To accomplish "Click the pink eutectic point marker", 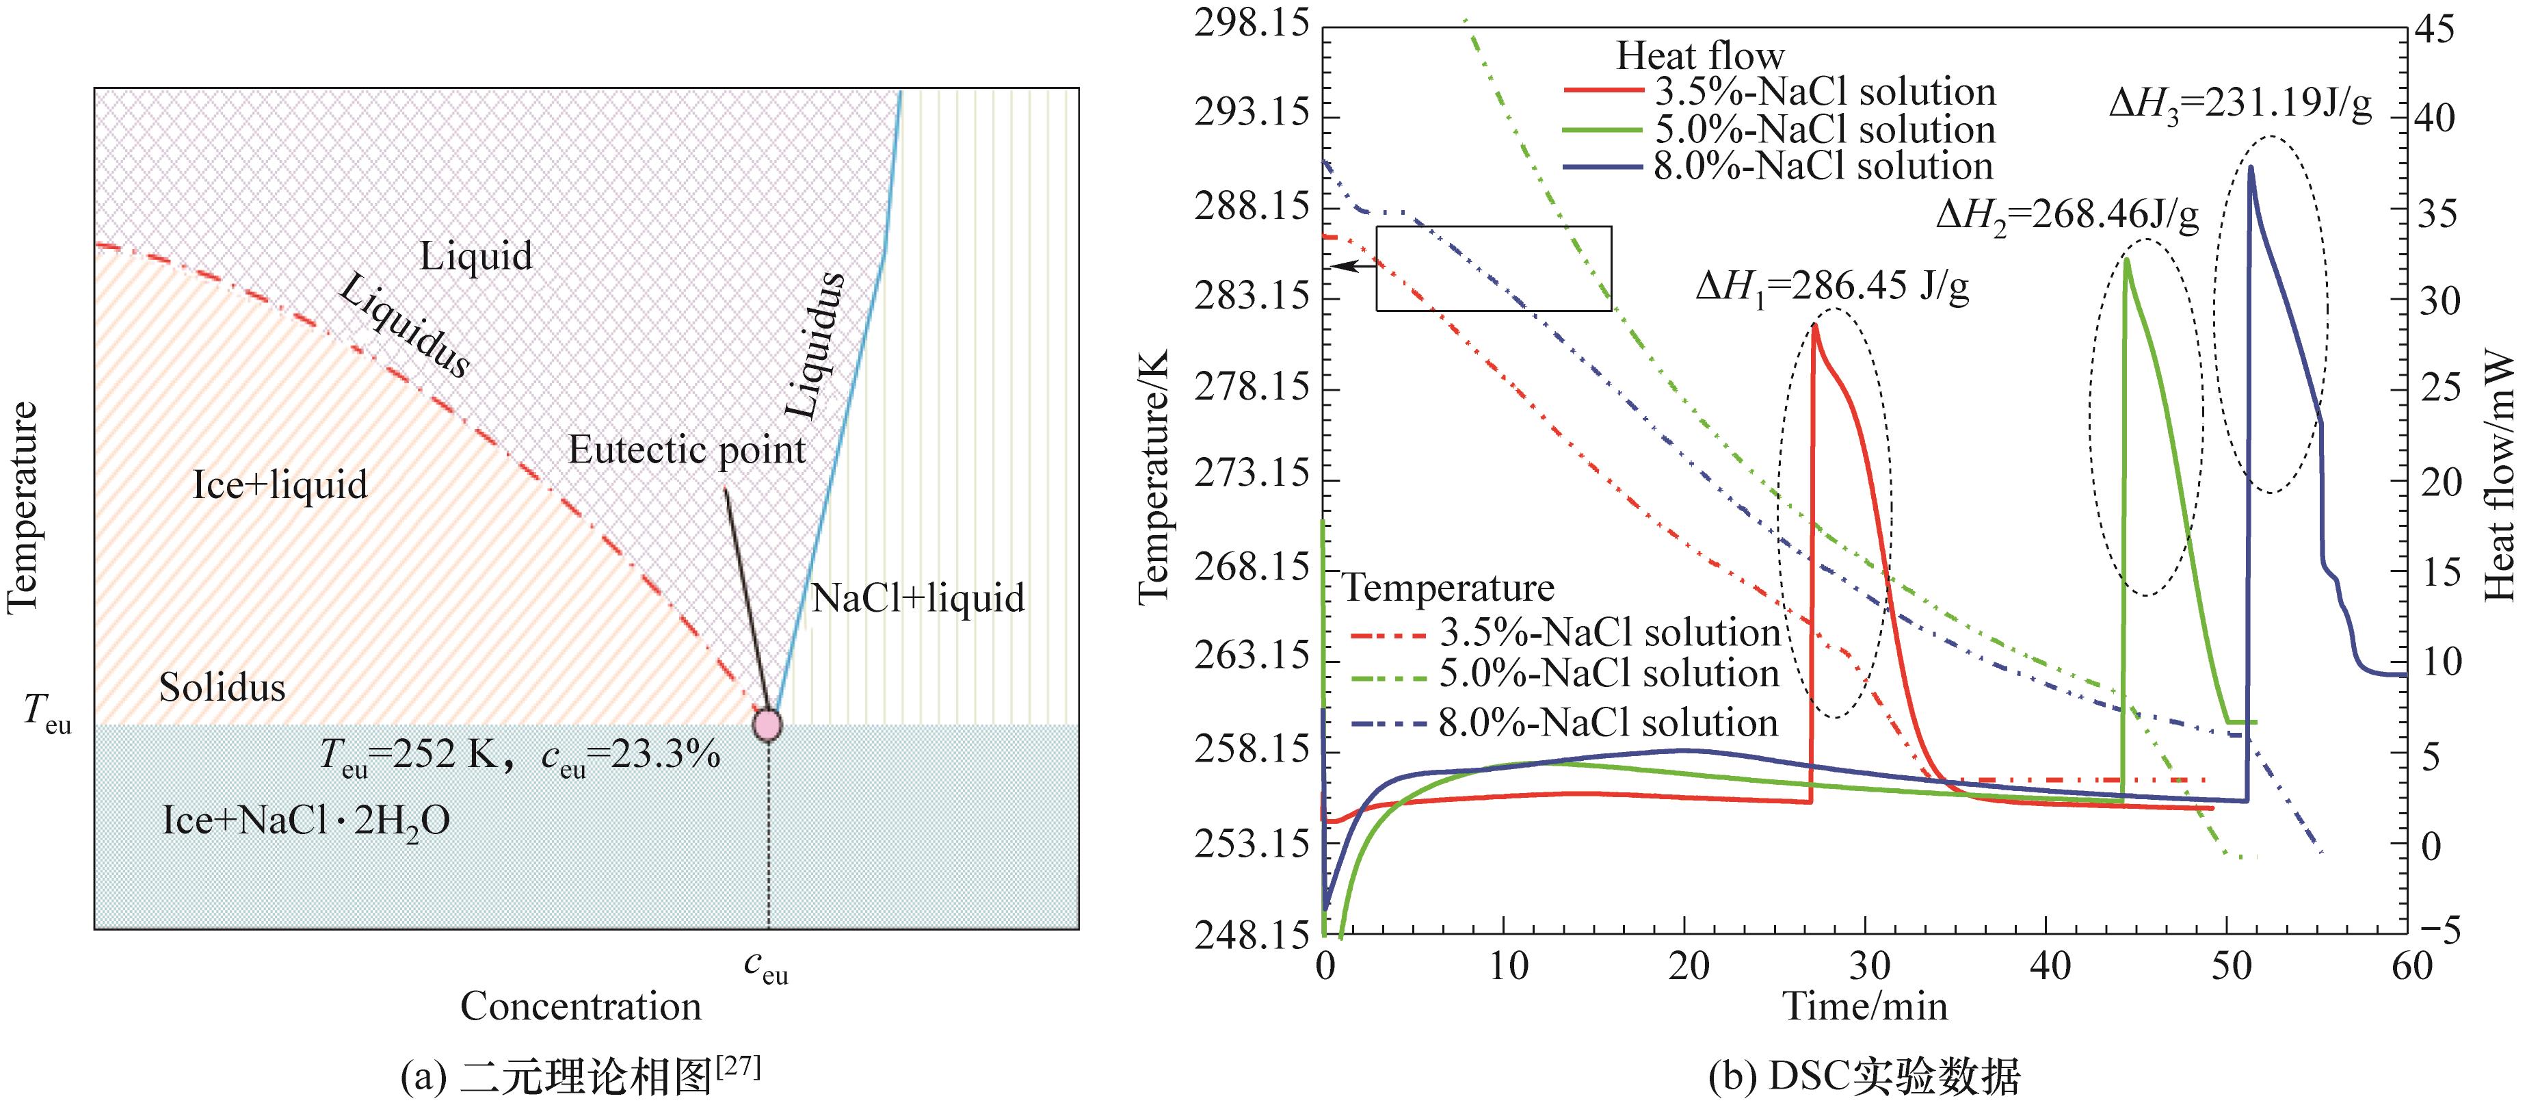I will pyautogui.click(x=767, y=724).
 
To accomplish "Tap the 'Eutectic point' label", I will pyautogui.click(x=687, y=450).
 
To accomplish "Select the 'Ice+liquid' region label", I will pyautogui.click(x=280, y=484).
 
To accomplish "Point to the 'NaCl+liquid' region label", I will pyautogui.click(x=917, y=597).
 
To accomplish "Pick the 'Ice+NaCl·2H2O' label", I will pyautogui.click(x=306, y=820).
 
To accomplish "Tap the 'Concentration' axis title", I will pyautogui.click(x=581, y=1007).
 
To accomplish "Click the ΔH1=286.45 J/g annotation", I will pyautogui.click(x=1831, y=287).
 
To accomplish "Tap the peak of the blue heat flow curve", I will pyautogui.click(x=2251, y=168).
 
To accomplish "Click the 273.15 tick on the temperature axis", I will pyautogui.click(x=1252, y=475).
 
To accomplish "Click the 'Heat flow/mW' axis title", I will pyautogui.click(x=2500, y=477).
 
